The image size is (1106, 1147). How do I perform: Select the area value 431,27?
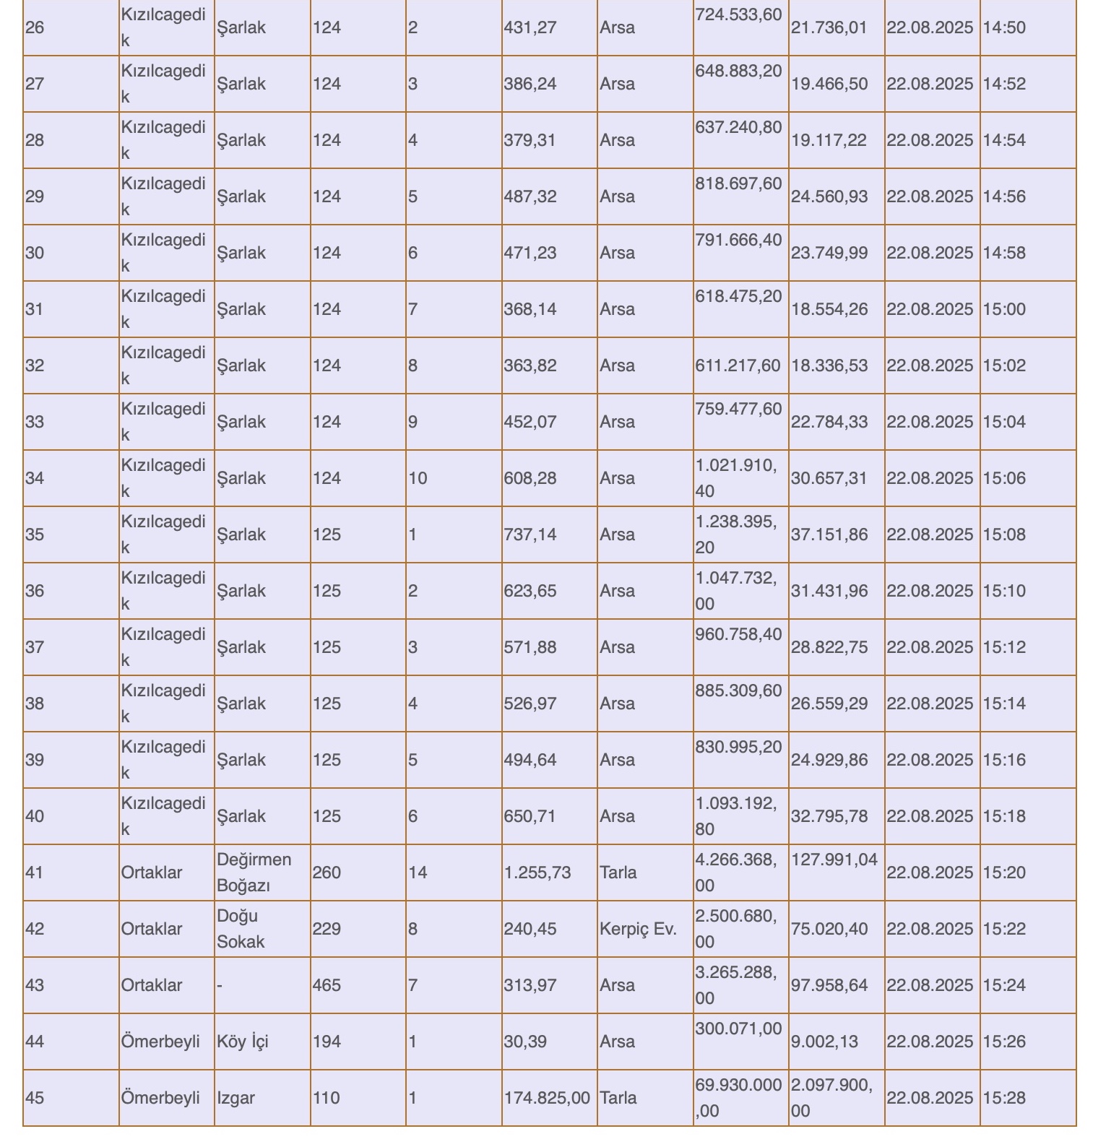pos(530,28)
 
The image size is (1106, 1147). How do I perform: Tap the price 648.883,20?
pos(738,72)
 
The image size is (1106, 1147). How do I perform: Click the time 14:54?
pos(1004,140)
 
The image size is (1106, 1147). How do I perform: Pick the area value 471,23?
pos(530,253)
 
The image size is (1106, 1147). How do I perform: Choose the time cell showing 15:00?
pos(1004,309)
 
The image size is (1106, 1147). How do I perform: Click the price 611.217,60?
pos(738,365)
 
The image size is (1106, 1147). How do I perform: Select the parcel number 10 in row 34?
pos(418,478)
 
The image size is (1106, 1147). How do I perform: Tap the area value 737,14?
pos(530,534)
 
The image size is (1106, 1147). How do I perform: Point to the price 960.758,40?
pos(738,635)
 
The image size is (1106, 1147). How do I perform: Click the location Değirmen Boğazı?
pos(254,873)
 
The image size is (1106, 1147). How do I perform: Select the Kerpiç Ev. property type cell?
pos(638,929)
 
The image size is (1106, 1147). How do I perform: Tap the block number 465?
pos(327,985)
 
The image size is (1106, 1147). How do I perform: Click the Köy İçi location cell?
pos(243,1042)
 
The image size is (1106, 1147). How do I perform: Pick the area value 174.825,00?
pos(547,1098)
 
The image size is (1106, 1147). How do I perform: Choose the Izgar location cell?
pos(236,1098)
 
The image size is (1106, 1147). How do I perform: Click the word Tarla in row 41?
pos(618,873)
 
